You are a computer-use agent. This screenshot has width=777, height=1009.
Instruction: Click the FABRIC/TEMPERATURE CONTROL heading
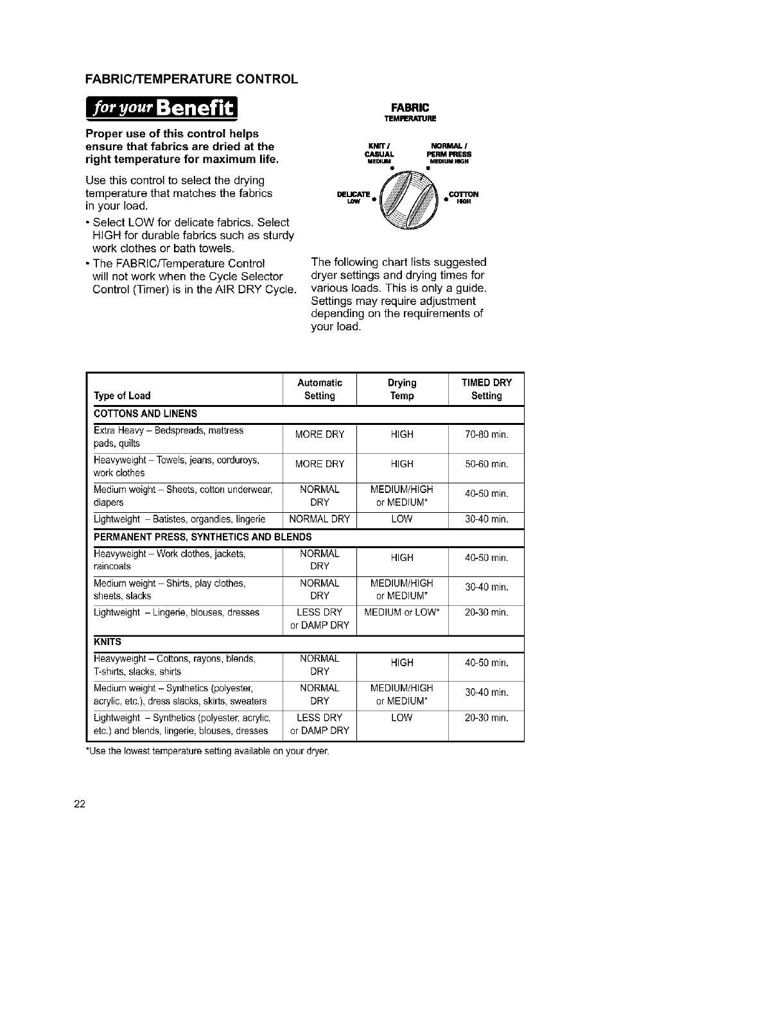tap(191, 80)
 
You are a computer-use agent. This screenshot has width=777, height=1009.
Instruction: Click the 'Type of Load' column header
tap(122, 396)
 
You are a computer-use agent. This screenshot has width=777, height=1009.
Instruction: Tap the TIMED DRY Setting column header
tap(486, 389)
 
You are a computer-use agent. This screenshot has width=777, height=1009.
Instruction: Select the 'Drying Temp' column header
tap(402, 389)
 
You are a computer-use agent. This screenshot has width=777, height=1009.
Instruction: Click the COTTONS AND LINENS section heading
tap(146, 414)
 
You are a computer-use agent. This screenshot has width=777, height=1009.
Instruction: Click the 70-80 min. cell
tap(486, 435)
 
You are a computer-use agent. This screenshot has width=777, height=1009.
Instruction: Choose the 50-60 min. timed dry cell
tap(486, 464)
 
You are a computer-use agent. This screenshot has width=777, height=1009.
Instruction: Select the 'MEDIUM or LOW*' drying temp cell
tap(402, 612)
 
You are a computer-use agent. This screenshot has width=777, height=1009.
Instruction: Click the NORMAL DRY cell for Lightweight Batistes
tap(319, 519)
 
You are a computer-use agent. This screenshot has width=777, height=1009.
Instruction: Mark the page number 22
tap(79, 806)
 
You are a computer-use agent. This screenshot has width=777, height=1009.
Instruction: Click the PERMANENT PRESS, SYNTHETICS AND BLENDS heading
tap(202, 537)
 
